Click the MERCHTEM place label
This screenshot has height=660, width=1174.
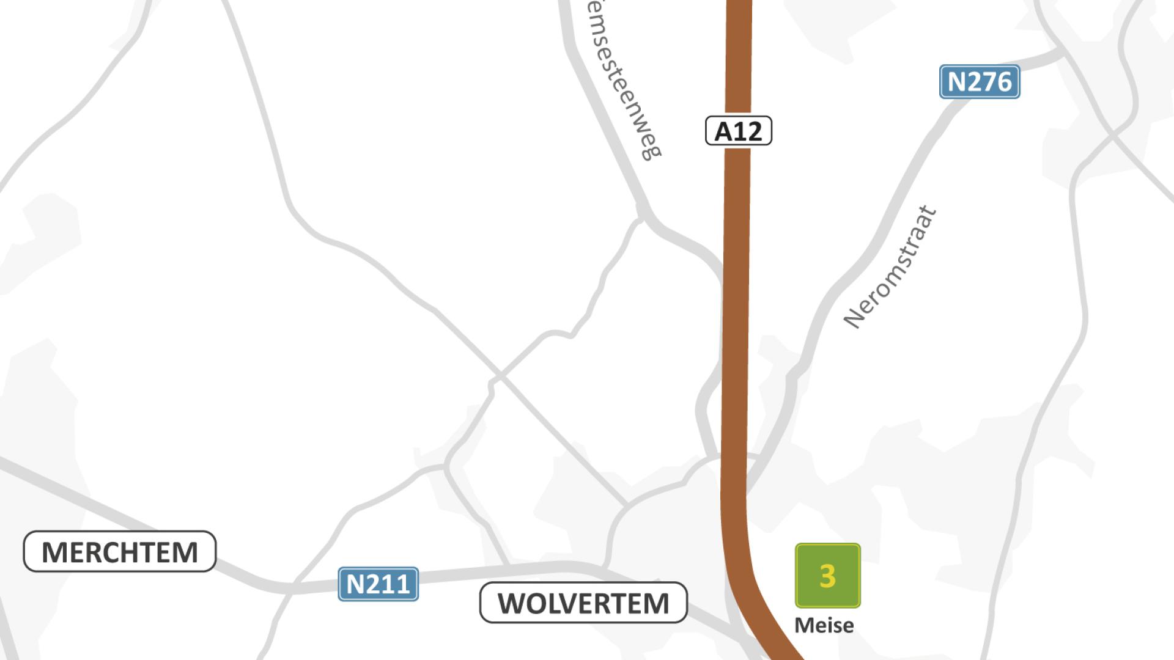[120, 552]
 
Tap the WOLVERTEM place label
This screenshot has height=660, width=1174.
[583, 603]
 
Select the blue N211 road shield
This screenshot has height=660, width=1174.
[378, 584]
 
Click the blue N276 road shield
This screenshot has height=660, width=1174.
[980, 82]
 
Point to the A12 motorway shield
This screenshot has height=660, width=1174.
[739, 131]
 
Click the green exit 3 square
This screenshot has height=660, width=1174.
[827, 576]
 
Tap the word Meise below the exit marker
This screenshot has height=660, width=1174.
[824, 625]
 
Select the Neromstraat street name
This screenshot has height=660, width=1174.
[890, 267]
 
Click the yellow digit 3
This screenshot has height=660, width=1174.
[827, 576]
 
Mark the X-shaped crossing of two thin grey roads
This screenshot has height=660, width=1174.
[498, 375]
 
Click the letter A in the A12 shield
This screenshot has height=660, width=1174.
[723, 131]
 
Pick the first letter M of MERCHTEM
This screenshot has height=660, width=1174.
[53, 552]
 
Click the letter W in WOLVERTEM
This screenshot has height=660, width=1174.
[512, 604]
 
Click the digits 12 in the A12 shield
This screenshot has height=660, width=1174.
[748, 131]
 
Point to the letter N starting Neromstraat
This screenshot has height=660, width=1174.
[852, 318]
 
